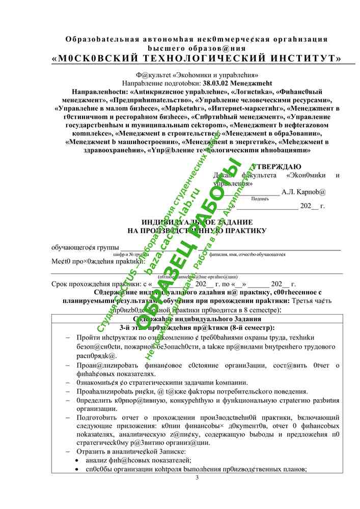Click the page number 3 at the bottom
pyautogui.click(x=197, y=478)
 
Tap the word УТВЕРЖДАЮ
pyautogui.click(x=276, y=166)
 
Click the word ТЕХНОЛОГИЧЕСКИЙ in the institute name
pyautogui.click(x=191, y=59)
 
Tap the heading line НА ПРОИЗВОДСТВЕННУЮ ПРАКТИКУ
pyautogui.click(x=197, y=231)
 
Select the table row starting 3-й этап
pyautogui.click(x=197, y=328)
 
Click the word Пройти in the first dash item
pyautogui.click(x=88, y=337)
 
